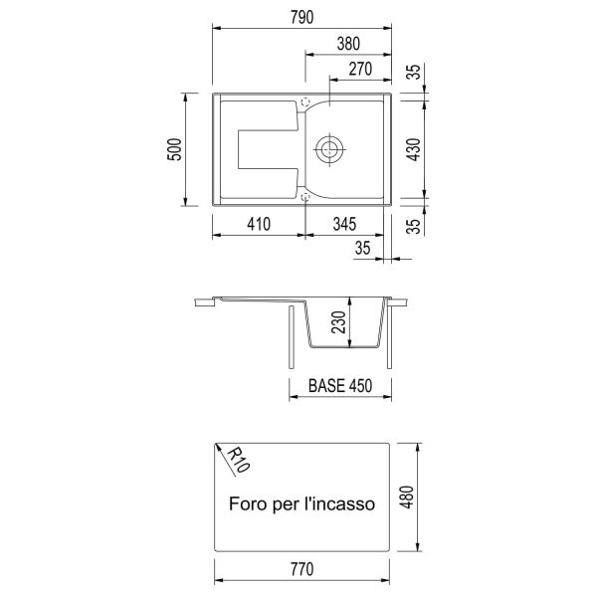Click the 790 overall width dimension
(x=301, y=18)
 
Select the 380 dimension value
(x=348, y=44)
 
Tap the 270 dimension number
(x=360, y=70)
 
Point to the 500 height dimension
(x=175, y=149)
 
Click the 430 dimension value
(x=414, y=149)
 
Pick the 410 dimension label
(x=259, y=224)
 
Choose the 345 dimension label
(x=344, y=224)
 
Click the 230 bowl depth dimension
(x=338, y=322)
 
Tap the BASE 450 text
(x=340, y=386)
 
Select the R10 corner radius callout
(x=239, y=459)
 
